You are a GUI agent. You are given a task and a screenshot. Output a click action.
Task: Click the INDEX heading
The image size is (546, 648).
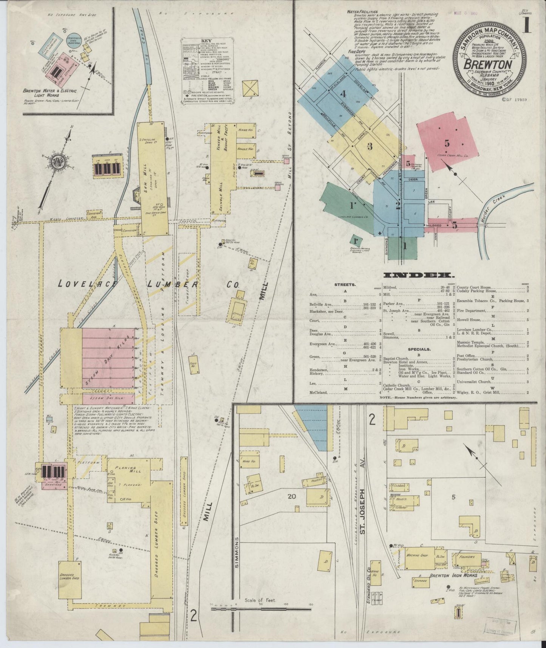tap(418, 275)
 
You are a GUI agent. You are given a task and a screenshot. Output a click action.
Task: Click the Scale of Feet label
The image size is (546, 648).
tap(261, 600)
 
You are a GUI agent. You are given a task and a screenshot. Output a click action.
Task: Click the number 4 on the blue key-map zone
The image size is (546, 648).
tap(343, 94)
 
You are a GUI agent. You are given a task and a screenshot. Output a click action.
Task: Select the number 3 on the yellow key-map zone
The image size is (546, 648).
tap(370, 146)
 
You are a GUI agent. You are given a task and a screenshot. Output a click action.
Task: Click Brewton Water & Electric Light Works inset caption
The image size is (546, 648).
tap(49, 93)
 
